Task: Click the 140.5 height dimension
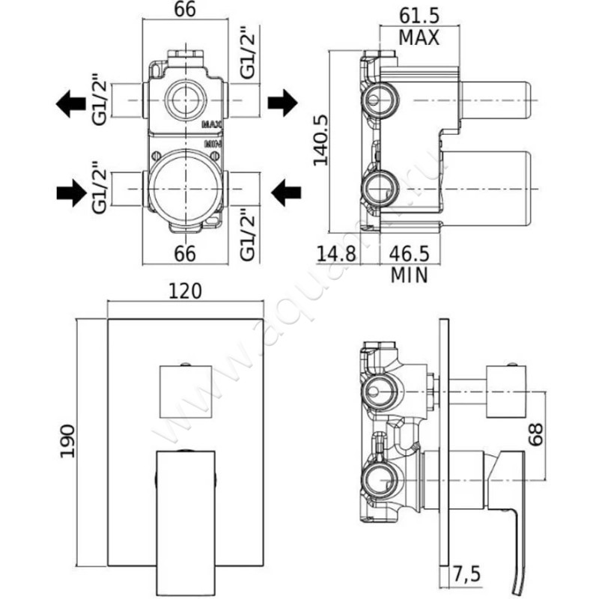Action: [x=321, y=140]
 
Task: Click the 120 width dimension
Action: [x=186, y=291]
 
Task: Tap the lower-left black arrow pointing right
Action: [x=72, y=194]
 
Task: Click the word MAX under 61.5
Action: [x=418, y=37]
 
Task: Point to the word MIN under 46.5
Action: [x=409, y=275]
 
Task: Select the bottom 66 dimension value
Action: [x=185, y=253]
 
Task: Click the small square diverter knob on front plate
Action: [x=186, y=390]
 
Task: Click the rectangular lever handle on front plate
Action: [x=186, y=517]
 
